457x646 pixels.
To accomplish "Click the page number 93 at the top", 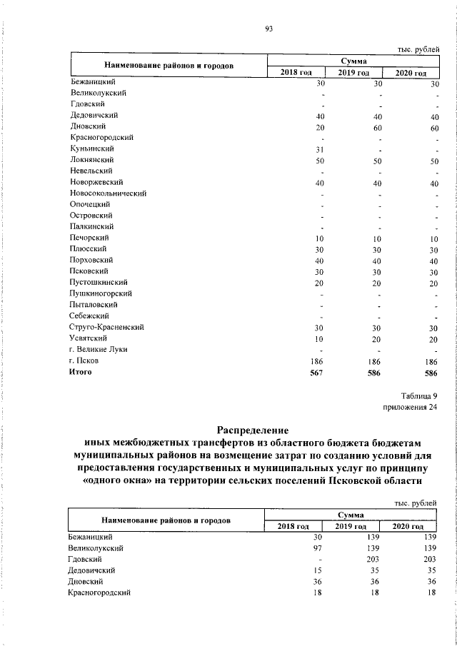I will [x=269, y=29].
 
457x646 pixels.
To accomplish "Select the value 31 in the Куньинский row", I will [x=320, y=148].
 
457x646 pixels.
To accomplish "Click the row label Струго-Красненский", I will [x=108, y=327].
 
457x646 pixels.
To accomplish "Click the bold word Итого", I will [x=81, y=372].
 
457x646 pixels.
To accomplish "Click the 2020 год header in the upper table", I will [x=411, y=73].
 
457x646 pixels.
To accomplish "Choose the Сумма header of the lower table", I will [x=351, y=514].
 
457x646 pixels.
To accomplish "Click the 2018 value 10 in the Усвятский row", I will [x=320, y=338].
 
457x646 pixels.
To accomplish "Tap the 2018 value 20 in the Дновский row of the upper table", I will [x=320, y=126].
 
